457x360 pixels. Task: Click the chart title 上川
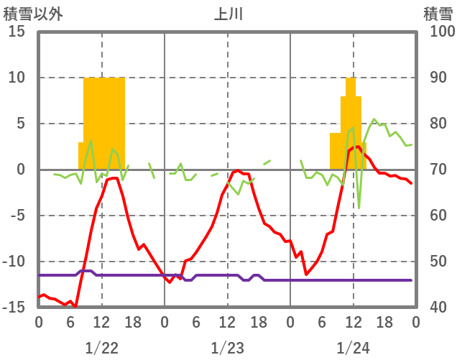click(x=227, y=14)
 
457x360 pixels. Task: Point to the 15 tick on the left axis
click(x=17, y=32)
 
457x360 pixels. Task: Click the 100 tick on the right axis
click(x=437, y=32)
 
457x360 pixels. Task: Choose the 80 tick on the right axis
click(x=433, y=124)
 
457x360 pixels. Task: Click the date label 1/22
click(x=101, y=349)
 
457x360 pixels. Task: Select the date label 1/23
click(x=227, y=349)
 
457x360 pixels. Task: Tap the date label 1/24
click(x=353, y=349)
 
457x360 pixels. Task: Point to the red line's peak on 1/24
click(x=357, y=147)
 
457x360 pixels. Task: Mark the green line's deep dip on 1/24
click(x=359, y=208)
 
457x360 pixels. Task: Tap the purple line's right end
click(x=411, y=280)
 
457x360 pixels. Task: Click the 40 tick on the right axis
click(x=433, y=308)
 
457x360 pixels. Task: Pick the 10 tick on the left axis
click(x=17, y=78)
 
